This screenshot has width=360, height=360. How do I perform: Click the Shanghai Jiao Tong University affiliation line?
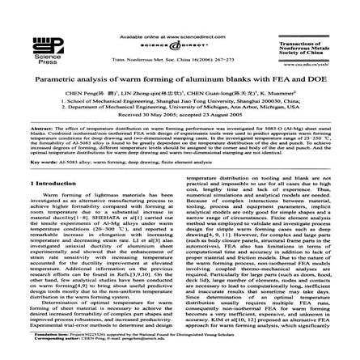179,100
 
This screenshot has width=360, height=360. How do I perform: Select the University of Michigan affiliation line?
179,105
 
